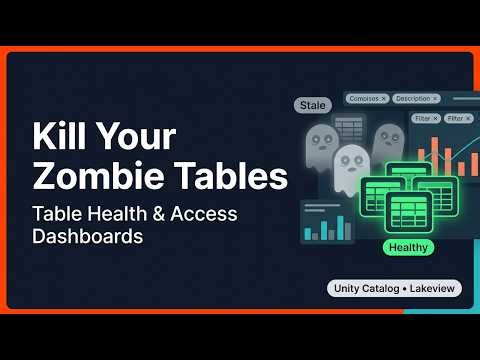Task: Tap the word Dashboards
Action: click(x=88, y=238)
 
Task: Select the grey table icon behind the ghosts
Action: click(x=349, y=127)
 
